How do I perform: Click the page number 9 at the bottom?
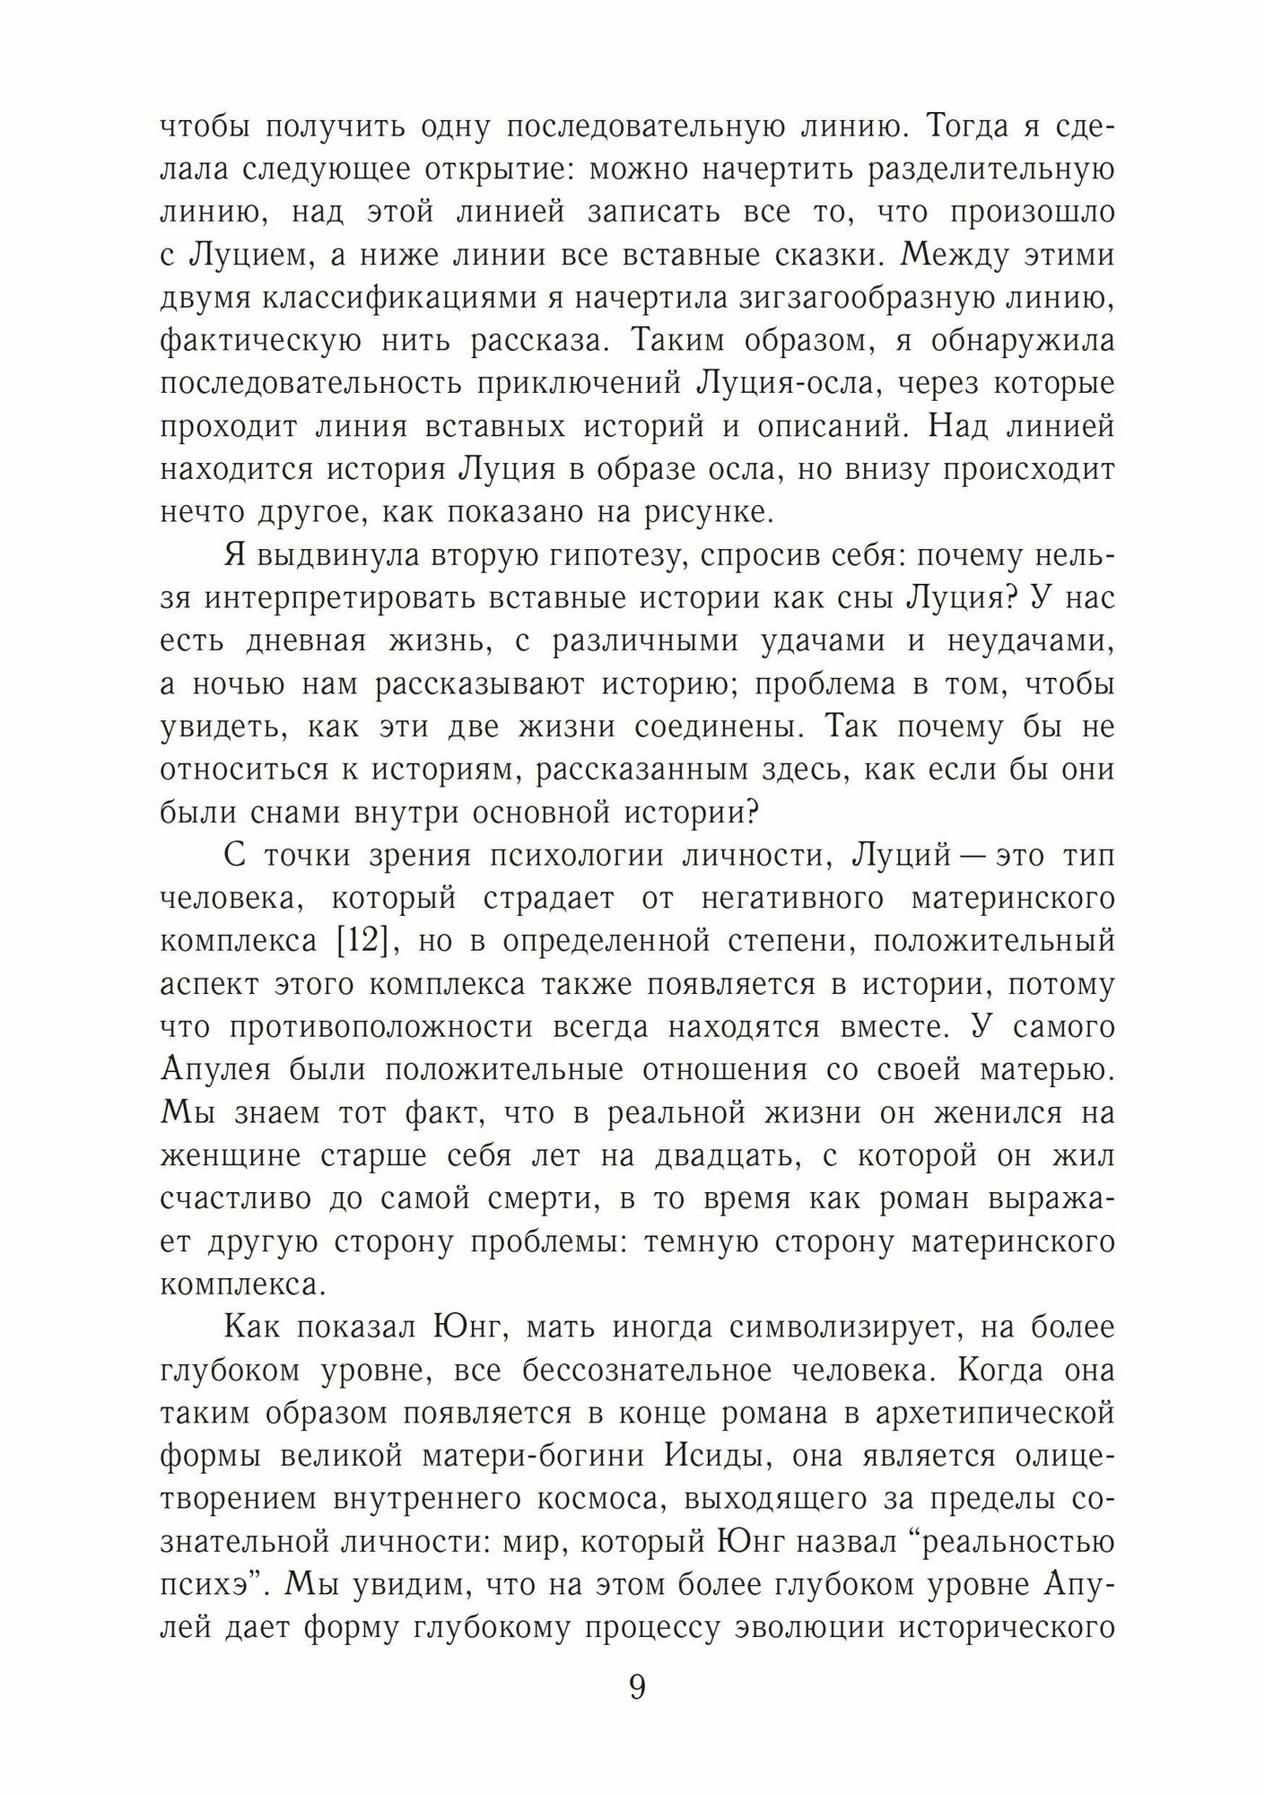click(637, 1687)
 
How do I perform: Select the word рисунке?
click(703, 512)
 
